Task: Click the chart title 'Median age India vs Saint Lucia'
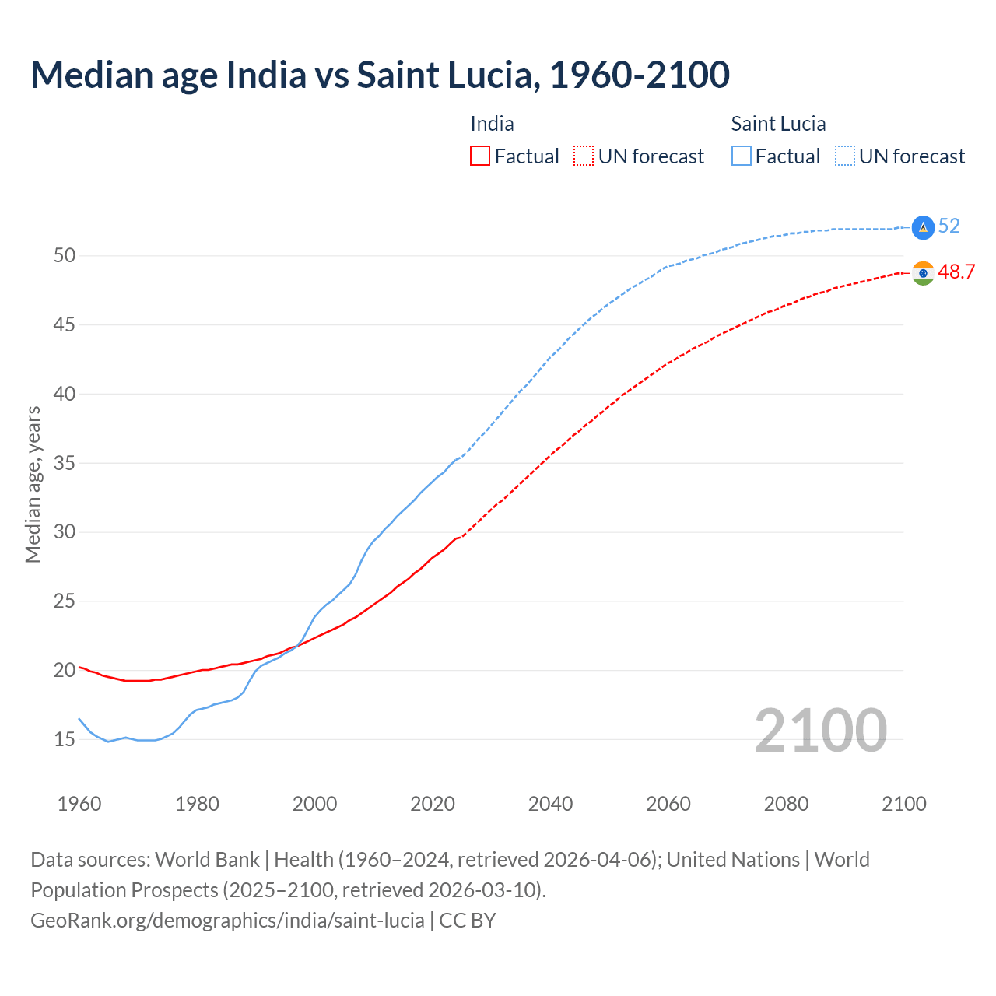point(380,75)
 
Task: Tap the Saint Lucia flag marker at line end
point(923,227)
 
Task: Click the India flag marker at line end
point(923,273)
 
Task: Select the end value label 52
point(949,226)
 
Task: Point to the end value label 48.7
point(956,272)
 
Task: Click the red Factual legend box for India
point(480,156)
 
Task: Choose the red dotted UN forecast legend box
point(584,156)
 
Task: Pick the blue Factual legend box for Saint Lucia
point(742,156)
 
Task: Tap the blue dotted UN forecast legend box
point(845,156)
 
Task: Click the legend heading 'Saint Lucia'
point(778,124)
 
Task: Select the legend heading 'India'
point(492,124)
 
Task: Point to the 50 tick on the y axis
point(65,256)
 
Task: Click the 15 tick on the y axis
point(65,739)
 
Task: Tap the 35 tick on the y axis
point(65,463)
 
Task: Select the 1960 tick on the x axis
point(79,804)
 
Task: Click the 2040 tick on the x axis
point(550,804)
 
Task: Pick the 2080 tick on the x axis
point(786,804)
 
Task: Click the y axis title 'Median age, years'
point(33,484)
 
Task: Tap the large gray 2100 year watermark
point(820,730)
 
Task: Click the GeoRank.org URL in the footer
point(227,921)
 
